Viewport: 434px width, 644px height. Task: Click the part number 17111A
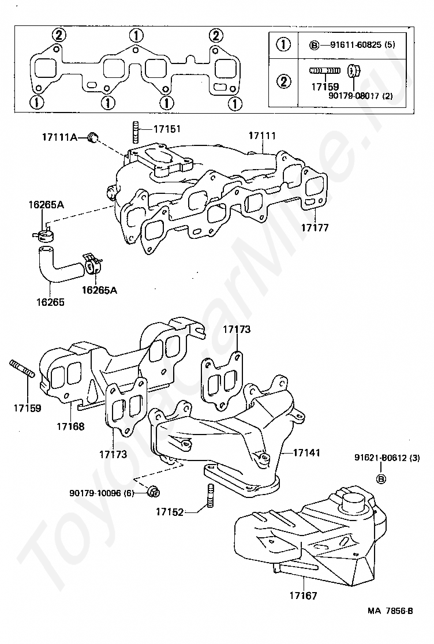pyautogui.click(x=59, y=137)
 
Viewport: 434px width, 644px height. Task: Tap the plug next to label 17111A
pyautogui.click(x=93, y=137)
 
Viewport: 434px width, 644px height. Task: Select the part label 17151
pyautogui.click(x=167, y=129)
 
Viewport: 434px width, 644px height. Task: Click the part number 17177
pyautogui.click(x=315, y=227)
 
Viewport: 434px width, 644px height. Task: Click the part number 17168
pyautogui.click(x=70, y=426)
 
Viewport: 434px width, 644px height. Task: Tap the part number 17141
pyautogui.click(x=306, y=452)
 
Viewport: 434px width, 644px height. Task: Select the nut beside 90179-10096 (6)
pyautogui.click(x=154, y=491)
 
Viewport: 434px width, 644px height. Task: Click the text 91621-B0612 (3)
pyautogui.click(x=387, y=458)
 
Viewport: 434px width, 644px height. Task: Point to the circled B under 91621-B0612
pyautogui.click(x=381, y=479)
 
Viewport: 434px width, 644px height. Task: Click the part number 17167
pyautogui.click(x=303, y=595)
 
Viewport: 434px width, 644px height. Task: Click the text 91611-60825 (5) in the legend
pyautogui.click(x=362, y=44)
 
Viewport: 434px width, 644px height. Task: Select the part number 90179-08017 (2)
pyautogui.click(x=361, y=96)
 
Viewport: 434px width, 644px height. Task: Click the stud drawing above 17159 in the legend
pyautogui.click(x=325, y=71)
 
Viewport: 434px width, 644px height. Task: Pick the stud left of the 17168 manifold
pyautogui.click(x=22, y=368)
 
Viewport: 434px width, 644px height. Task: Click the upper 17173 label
pyautogui.click(x=237, y=330)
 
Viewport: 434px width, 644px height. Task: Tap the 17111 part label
pyautogui.click(x=262, y=136)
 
